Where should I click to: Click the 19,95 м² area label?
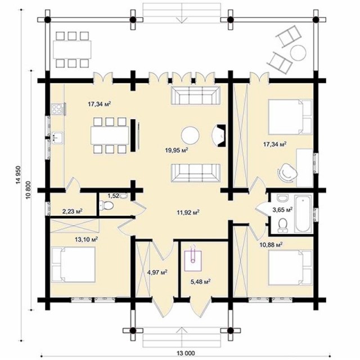[177, 150]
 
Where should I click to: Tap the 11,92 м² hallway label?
[188, 212]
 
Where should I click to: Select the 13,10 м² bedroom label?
[87, 240]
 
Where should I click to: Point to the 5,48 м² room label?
[200, 281]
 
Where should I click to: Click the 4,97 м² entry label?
[157, 272]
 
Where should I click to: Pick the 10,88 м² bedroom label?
[271, 245]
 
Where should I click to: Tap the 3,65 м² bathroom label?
[282, 209]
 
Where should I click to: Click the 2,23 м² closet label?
[73, 211]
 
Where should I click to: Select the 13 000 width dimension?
[186, 353]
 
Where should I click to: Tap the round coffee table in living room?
[190, 136]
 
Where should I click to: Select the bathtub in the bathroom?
[303, 214]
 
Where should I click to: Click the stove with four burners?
[57, 109]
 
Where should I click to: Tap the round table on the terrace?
[298, 52]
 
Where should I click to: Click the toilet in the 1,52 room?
[106, 205]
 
